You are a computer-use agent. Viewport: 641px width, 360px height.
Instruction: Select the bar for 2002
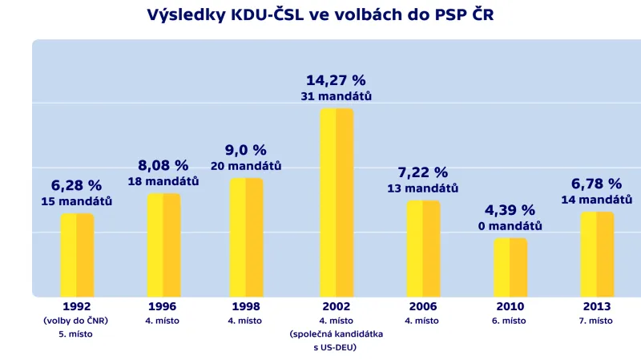(x=337, y=202)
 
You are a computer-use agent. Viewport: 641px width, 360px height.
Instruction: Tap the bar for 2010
(x=510, y=267)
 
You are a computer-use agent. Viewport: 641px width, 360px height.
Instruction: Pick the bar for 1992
(x=77, y=255)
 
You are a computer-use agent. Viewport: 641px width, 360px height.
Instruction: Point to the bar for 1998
(x=246, y=237)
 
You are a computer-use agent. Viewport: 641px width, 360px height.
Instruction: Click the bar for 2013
(x=597, y=254)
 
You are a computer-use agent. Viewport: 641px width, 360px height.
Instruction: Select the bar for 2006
(x=423, y=249)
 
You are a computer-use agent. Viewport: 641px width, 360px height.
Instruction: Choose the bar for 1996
(x=163, y=245)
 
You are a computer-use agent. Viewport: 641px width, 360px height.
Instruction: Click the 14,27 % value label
(x=336, y=80)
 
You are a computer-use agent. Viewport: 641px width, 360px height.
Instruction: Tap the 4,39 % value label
(x=510, y=210)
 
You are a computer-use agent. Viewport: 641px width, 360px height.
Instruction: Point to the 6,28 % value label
(x=77, y=185)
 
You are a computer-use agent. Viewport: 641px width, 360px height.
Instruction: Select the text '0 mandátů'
(x=510, y=226)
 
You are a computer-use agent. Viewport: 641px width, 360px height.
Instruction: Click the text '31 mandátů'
(x=337, y=96)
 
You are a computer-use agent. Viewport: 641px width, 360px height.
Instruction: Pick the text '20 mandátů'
(x=246, y=166)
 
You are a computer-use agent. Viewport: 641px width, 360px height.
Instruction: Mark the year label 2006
(x=423, y=307)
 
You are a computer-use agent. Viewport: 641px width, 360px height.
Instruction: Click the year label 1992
(x=77, y=307)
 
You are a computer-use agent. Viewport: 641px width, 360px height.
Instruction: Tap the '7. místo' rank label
(x=597, y=321)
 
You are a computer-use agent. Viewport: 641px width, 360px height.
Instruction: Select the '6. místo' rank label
(x=510, y=321)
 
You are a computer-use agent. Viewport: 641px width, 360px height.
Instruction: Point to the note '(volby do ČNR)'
(x=77, y=321)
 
